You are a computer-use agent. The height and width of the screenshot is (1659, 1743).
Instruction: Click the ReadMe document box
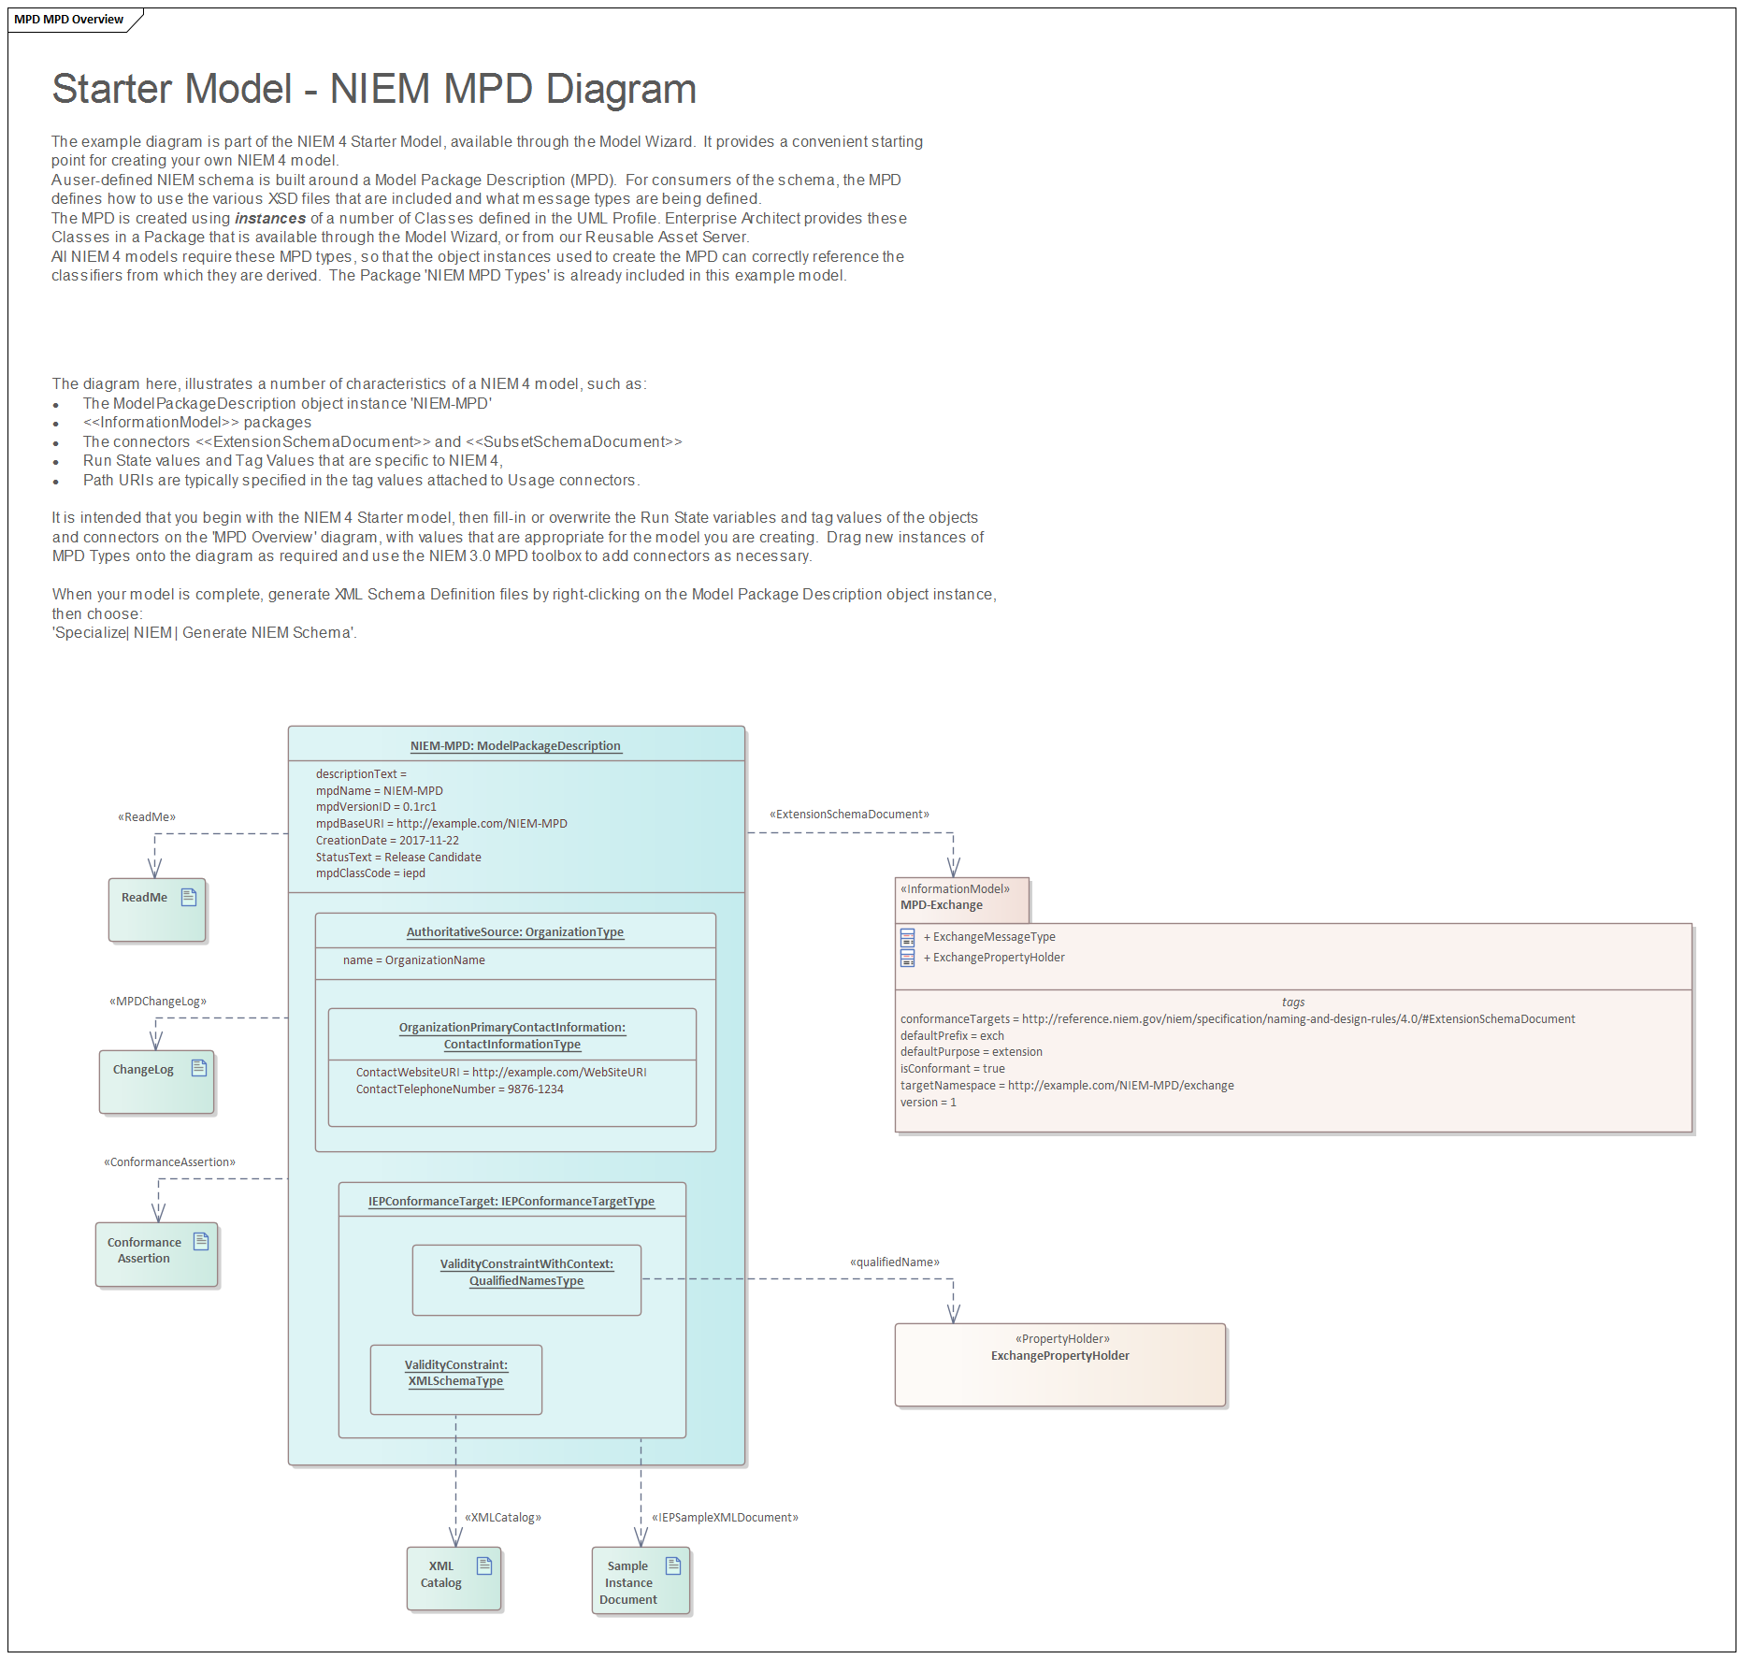156,909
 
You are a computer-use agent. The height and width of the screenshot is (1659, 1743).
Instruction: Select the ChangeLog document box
156,1081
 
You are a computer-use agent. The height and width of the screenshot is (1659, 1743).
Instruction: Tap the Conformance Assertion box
156,1253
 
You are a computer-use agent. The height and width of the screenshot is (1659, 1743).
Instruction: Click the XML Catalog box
454,1578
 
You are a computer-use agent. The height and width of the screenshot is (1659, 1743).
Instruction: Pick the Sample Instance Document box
641,1580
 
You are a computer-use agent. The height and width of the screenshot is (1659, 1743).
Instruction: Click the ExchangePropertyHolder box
1059,1363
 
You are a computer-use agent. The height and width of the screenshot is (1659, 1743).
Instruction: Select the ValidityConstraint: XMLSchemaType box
455,1378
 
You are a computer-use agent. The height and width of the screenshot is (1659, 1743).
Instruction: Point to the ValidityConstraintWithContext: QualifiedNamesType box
526,1278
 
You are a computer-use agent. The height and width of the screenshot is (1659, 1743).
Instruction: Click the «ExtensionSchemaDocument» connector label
849,815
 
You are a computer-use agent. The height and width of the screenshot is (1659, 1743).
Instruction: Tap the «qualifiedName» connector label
894,1262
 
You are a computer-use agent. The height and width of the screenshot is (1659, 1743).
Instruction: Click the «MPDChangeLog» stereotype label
158,1002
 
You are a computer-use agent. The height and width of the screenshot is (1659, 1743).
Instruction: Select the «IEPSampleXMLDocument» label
725,1517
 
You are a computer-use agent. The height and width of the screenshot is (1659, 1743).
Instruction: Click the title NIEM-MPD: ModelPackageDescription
515,746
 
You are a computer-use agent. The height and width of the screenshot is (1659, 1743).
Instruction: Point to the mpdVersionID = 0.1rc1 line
376,807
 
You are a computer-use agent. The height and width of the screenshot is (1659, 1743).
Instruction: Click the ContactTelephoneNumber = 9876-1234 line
459,1089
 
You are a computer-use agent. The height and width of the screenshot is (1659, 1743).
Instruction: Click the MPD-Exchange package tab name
941,905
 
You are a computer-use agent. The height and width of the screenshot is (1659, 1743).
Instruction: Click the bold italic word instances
270,219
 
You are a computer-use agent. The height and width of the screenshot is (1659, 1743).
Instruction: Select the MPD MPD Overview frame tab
69,20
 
